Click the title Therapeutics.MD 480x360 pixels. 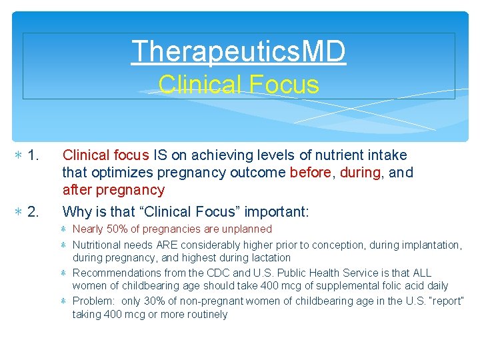(239, 51)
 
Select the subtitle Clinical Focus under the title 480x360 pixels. (239, 85)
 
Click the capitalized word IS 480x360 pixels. (160, 155)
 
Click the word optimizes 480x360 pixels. (122, 173)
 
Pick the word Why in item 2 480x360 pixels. (77, 212)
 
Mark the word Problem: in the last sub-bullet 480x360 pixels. (93, 301)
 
